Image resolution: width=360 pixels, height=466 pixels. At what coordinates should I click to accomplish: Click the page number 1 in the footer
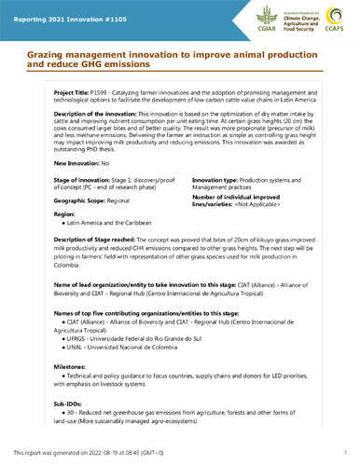point(344,452)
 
